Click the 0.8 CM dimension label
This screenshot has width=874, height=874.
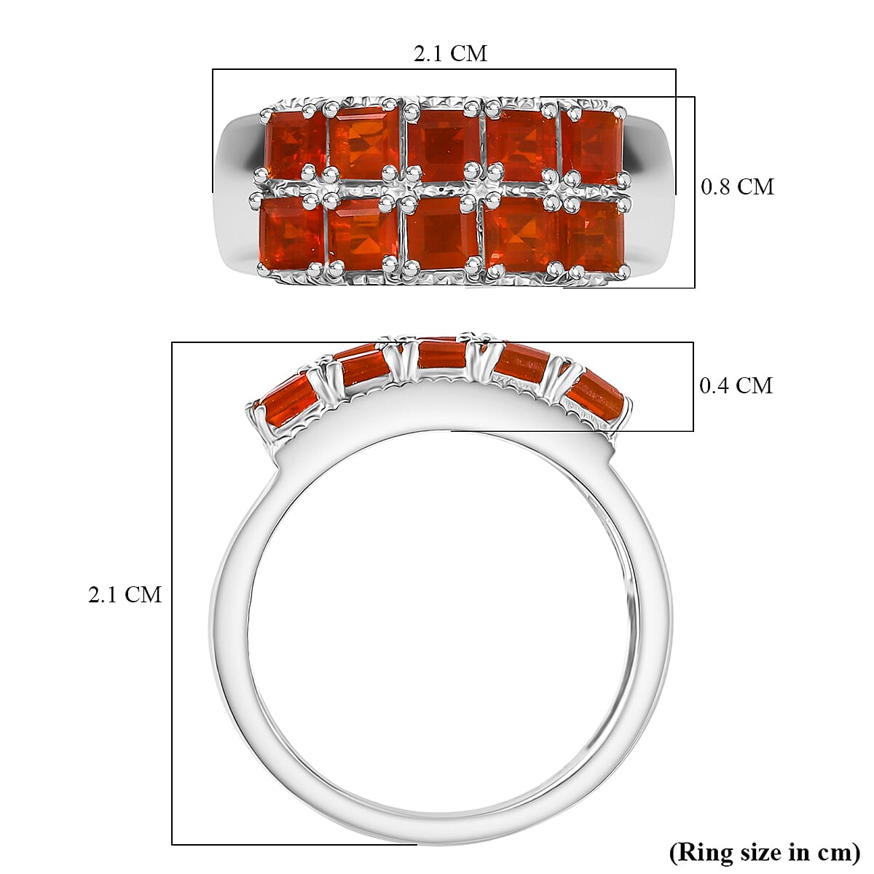pyautogui.click(x=736, y=187)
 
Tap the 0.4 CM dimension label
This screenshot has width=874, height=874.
pyautogui.click(x=736, y=385)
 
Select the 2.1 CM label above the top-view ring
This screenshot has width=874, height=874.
pyautogui.click(x=450, y=53)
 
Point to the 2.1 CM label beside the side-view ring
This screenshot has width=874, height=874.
pyautogui.click(x=125, y=595)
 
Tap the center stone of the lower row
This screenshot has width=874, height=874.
pyautogui.click(x=441, y=232)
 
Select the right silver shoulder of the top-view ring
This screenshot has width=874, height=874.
pyautogui.click(x=652, y=189)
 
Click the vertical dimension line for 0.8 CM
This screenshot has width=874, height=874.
pyautogui.click(x=695, y=192)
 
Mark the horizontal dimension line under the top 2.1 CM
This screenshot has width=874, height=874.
pyautogui.click(x=444, y=70)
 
